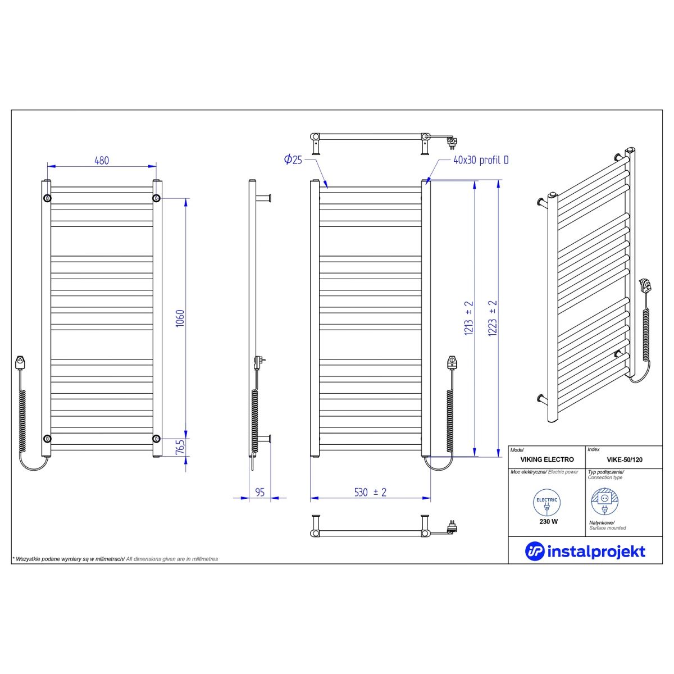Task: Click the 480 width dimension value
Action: tap(102, 160)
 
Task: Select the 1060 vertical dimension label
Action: tap(180, 318)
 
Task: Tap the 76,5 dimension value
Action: tap(180, 447)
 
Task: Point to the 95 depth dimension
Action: tap(260, 492)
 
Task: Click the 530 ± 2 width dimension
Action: tap(370, 492)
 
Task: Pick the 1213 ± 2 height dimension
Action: tap(468, 318)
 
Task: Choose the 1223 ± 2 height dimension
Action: tap(493, 318)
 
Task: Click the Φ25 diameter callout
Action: tap(293, 160)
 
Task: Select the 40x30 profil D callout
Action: tap(481, 160)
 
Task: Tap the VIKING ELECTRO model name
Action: tap(547, 459)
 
